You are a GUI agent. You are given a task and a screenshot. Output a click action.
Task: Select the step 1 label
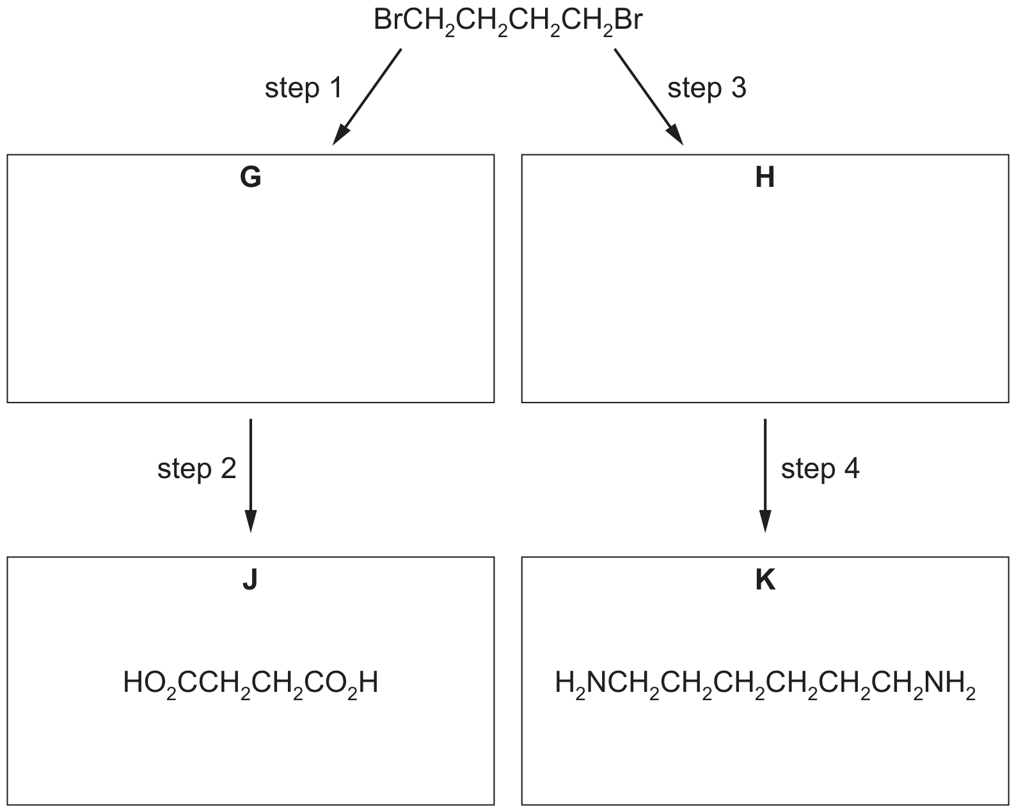click(x=303, y=88)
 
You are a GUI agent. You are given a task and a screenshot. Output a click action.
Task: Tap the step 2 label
click(x=196, y=469)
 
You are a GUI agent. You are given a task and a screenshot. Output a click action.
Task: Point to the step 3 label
click(x=707, y=88)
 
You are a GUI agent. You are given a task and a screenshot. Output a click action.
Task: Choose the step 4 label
click(x=820, y=469)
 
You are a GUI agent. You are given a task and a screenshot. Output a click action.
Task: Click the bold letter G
click(x=250, y=177)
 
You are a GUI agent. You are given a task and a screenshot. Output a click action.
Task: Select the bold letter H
click(x=764, y=177)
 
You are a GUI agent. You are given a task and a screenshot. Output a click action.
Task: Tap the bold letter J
click(x=250, y=579)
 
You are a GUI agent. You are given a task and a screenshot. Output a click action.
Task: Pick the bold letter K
click(x=765, y=579)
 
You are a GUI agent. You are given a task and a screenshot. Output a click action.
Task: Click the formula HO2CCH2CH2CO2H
click(x=250, y=684)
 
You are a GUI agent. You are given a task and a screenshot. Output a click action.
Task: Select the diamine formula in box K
click(x=764, y=684)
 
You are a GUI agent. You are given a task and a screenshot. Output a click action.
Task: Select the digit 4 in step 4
click(x=852, y=469)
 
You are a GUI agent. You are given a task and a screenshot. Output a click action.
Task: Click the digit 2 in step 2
click(x=228, y=469)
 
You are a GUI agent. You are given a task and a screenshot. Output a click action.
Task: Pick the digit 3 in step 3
click(x=738, y=88)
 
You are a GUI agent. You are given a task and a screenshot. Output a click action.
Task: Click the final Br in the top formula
click(x=628, y=20)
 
